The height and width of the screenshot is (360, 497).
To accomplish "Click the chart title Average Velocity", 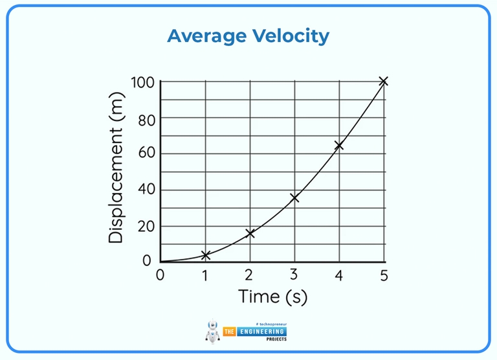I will click(x=248, y=36).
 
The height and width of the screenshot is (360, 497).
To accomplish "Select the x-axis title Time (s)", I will click(x=272, y=297).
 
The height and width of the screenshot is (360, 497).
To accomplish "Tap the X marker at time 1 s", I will click(x=206, y=255).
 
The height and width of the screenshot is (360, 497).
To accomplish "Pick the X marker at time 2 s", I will click(x=250, y=233).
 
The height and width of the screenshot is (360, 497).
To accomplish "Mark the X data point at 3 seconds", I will click(x=295, y=197).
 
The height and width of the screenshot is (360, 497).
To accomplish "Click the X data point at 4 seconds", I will click(x=338, y=146).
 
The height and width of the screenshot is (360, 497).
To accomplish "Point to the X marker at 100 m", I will click(x=383, y=81).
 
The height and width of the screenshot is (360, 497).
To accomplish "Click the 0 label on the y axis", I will click(x=147, y=260).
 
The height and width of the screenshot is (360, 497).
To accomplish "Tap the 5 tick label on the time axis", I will click(x=384, y=275).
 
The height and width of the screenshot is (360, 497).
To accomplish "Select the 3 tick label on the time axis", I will click(x=294, y=275).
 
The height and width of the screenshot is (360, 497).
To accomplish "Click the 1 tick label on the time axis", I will click(x=205, y=275).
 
